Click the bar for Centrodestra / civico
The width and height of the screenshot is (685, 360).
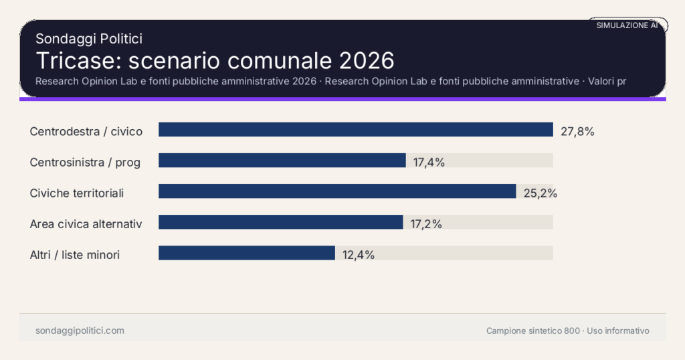tap(355, 130)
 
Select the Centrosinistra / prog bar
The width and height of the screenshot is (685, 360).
tap(282, 161)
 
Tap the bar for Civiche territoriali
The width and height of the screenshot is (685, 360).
tap(337, 191)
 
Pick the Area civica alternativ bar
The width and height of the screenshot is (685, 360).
tap(280, 222)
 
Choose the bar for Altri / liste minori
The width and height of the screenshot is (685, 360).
tap(246, 253)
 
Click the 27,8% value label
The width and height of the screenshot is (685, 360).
tap(577, 131)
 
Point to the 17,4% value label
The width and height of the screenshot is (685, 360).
tap(429, 162)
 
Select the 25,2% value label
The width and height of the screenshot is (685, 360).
tap(540, 193)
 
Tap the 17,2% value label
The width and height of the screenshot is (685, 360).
tap(426, 224)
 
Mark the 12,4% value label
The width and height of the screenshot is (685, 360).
tap(358, 254)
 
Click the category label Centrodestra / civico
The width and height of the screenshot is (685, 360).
tap(86, 131)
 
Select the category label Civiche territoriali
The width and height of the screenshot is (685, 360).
tap(77, 193)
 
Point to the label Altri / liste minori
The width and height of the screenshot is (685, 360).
tap(75, 255)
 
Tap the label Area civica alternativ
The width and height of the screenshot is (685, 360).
tap(86, 224)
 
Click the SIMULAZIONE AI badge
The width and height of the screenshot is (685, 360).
tap(627, 25)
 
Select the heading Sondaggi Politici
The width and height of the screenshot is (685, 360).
tap(89, 39)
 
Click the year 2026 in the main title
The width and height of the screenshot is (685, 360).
tap(367, 60)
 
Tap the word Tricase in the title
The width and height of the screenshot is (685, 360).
tap(75, 60)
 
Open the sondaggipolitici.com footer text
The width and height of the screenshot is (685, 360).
tap(80, 331)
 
